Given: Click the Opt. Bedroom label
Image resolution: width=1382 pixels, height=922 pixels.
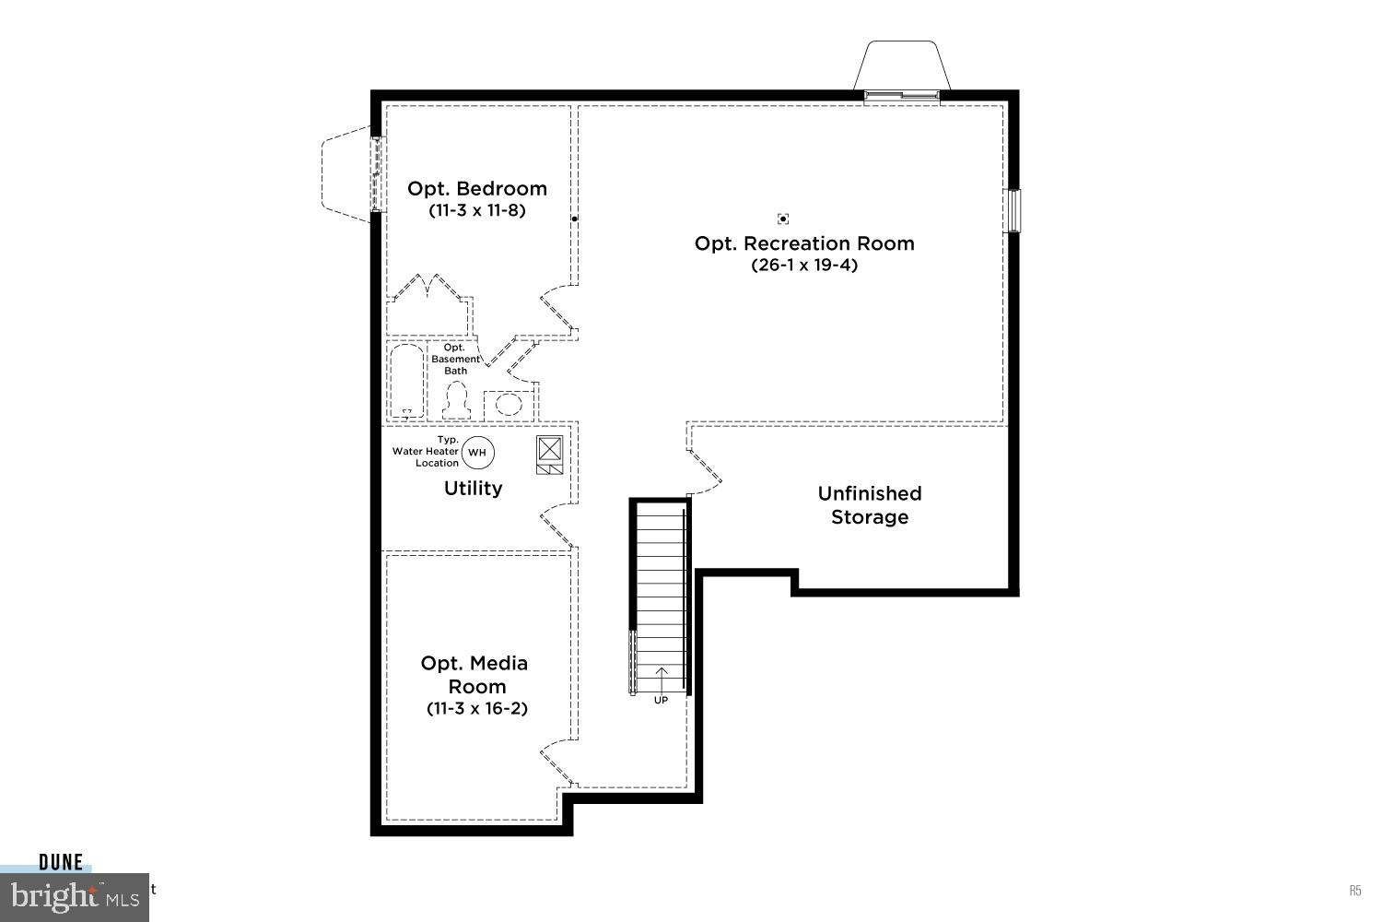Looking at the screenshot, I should tap(476, 188).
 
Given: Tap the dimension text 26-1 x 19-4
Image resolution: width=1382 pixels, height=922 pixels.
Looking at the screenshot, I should tap(804, 266).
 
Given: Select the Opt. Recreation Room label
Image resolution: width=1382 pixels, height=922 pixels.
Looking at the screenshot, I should tap(804, 243).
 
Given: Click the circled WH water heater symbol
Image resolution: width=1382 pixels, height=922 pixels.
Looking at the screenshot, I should tap(477, 452).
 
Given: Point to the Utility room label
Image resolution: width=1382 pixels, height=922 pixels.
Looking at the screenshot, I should tap(473, 489).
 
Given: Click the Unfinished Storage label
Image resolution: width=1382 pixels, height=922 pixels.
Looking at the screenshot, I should tap(870, 505).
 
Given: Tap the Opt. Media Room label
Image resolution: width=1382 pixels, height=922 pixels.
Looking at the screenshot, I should tap(475, 675).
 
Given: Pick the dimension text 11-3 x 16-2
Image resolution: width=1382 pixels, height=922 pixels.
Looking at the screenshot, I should tap(476, 708).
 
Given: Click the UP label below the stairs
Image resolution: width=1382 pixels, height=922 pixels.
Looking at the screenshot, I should tap(661, 700).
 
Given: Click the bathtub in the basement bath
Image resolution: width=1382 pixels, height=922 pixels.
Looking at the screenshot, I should tap(406, 380).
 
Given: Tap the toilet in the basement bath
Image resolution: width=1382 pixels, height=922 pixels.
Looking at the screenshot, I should tap(456, 401).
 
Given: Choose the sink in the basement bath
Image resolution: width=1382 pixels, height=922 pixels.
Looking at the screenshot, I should tap(509, 403).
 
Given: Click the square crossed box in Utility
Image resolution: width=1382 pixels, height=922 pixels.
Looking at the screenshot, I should tap(550, 448).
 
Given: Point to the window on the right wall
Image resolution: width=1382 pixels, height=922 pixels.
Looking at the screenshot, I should tap(1013, 210).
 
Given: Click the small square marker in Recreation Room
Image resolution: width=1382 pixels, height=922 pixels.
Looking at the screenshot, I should tap(783, 219).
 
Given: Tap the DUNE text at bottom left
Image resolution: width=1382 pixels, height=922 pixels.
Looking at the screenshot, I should tap(61, 862).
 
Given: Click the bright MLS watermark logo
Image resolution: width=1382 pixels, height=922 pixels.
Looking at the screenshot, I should tap(74, 896).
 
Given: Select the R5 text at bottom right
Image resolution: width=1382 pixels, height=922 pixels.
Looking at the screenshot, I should tap(1355, 891).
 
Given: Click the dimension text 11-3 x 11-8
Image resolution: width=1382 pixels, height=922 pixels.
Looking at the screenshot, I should tap(476, 210).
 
